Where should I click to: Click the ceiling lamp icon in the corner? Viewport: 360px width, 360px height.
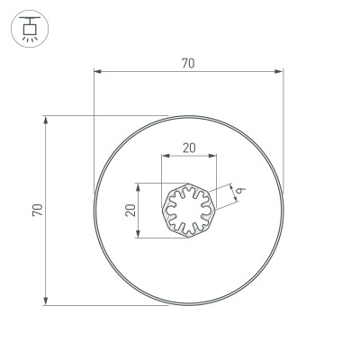29,29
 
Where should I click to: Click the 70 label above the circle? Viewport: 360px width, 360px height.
188,63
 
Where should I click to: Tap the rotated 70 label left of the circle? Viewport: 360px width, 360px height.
36,210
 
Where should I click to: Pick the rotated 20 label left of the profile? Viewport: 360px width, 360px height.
130,211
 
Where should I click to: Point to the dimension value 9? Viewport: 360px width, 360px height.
242,190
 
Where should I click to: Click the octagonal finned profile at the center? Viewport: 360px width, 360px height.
188,211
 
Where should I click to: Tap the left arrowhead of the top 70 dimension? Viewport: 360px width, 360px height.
97,71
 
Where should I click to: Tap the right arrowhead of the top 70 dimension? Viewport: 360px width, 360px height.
280,71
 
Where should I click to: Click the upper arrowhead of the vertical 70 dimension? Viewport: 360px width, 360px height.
45,119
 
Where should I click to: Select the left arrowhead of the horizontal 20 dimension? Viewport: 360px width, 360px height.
165,157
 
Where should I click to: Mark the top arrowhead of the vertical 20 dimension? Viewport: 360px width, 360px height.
138,187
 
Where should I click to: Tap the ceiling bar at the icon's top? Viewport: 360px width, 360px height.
29,18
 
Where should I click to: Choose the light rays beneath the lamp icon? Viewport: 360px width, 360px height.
29,39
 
